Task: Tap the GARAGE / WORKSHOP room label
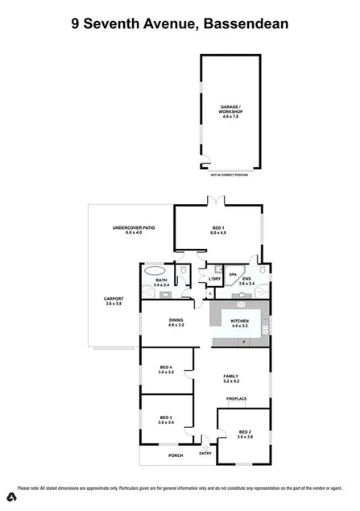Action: (230, 112)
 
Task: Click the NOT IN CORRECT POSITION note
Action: (229, 175)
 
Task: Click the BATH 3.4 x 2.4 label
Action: (161, 282)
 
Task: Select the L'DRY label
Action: (214, 279)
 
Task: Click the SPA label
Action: (232, 274)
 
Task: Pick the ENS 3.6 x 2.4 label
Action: (246, 281)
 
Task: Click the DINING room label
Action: (176, 322)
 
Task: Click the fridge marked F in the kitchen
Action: (242, 342)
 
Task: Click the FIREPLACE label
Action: (236, 399)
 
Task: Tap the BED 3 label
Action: (166, 420)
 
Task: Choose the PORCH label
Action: (176, 455)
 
